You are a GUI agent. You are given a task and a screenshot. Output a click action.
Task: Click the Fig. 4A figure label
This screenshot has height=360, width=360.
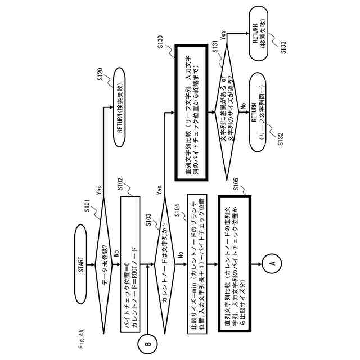click(x=80, y=340)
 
